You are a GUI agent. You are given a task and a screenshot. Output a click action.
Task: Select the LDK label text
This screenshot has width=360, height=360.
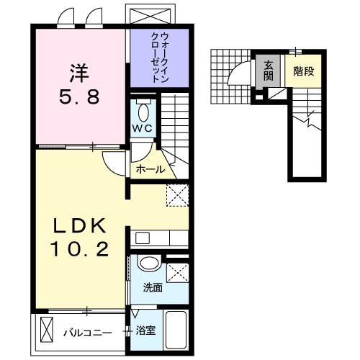pyautogui.click(x=81, y=226)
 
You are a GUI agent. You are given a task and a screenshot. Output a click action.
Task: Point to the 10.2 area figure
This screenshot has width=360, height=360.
pyautogui.click(x=81, y=250)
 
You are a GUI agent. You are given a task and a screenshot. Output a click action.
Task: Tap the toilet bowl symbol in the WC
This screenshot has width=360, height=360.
pyautogui.click(x=143, y=112)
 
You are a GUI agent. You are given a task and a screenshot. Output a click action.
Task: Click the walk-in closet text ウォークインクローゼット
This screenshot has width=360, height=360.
pyautogui.click(x=160, y=58)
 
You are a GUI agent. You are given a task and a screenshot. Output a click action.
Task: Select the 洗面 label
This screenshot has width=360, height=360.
pyautogui.click(x=153, y=287)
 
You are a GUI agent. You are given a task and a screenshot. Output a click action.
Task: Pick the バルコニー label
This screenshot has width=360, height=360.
pyautogui.click(x=86, y=332)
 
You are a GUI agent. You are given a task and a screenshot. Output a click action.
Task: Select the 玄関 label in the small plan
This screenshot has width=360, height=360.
pyautogui.click(x=267, y=69)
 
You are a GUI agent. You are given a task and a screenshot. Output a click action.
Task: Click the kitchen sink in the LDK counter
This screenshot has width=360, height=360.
pyautogui.click(x=141, y=237)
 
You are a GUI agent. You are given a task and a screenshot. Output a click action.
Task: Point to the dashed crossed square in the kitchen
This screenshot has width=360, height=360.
pyautogui.click(x=176, y=195)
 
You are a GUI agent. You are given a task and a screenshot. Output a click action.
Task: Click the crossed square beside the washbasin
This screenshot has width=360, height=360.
pyautogui.click(x=176, y=273)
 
